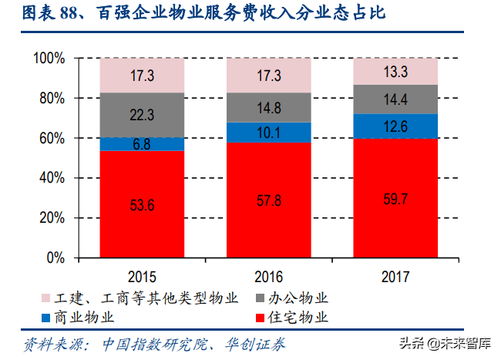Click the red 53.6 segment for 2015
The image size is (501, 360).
[142, 204]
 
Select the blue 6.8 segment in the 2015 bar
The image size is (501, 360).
[142, 144]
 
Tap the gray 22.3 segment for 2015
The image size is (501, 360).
[142, 115]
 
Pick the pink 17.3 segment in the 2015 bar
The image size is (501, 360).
[142, 76]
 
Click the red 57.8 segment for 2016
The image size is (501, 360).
[268, 200]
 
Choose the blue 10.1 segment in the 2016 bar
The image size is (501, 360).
[268, 133]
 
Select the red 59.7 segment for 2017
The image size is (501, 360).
[395, 197]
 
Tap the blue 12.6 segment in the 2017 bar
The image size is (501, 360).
[395, 126]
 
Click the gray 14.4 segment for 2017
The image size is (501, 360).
[395, 99]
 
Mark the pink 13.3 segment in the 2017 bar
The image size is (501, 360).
[395, 72]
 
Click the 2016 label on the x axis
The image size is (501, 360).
[268, 276]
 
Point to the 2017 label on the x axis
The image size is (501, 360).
[395, 276]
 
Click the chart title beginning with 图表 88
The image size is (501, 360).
[201, 13]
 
